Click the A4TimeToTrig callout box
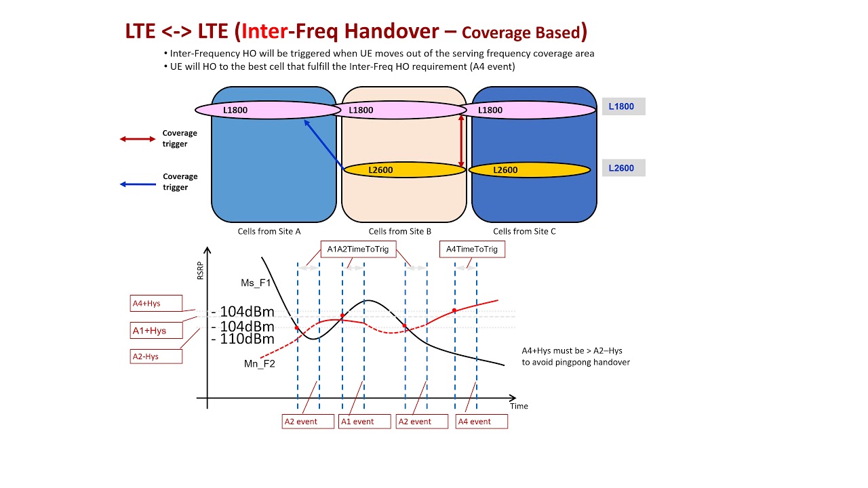[472, 249]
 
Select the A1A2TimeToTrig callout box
[358, 249]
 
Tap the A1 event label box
[366, 422]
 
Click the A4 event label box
[482, 422]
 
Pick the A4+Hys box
[156, 303]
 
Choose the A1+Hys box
[156, 331]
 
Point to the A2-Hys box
[156, 356]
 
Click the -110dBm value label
[242, 339]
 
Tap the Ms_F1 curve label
[256, 283]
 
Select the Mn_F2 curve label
[260, 364]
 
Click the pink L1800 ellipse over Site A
[266, 110]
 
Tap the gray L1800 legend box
[623, 106]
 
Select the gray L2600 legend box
[623, 168]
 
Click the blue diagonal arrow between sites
[324, 144]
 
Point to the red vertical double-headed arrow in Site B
[462, 140]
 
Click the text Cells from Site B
[400, 231]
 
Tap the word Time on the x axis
[519, 406]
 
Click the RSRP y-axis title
[200, 270]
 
